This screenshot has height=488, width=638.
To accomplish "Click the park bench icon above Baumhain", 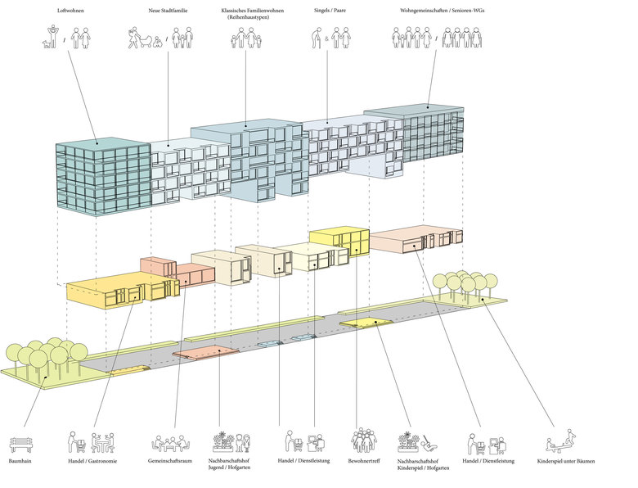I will [20, 445].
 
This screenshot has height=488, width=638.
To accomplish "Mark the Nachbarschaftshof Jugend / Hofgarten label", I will [228, 465].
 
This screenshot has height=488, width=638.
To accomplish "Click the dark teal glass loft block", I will [103, 176].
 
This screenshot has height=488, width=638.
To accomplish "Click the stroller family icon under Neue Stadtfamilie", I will [143, 38].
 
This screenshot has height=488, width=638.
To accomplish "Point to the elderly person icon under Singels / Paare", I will [317, 38].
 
